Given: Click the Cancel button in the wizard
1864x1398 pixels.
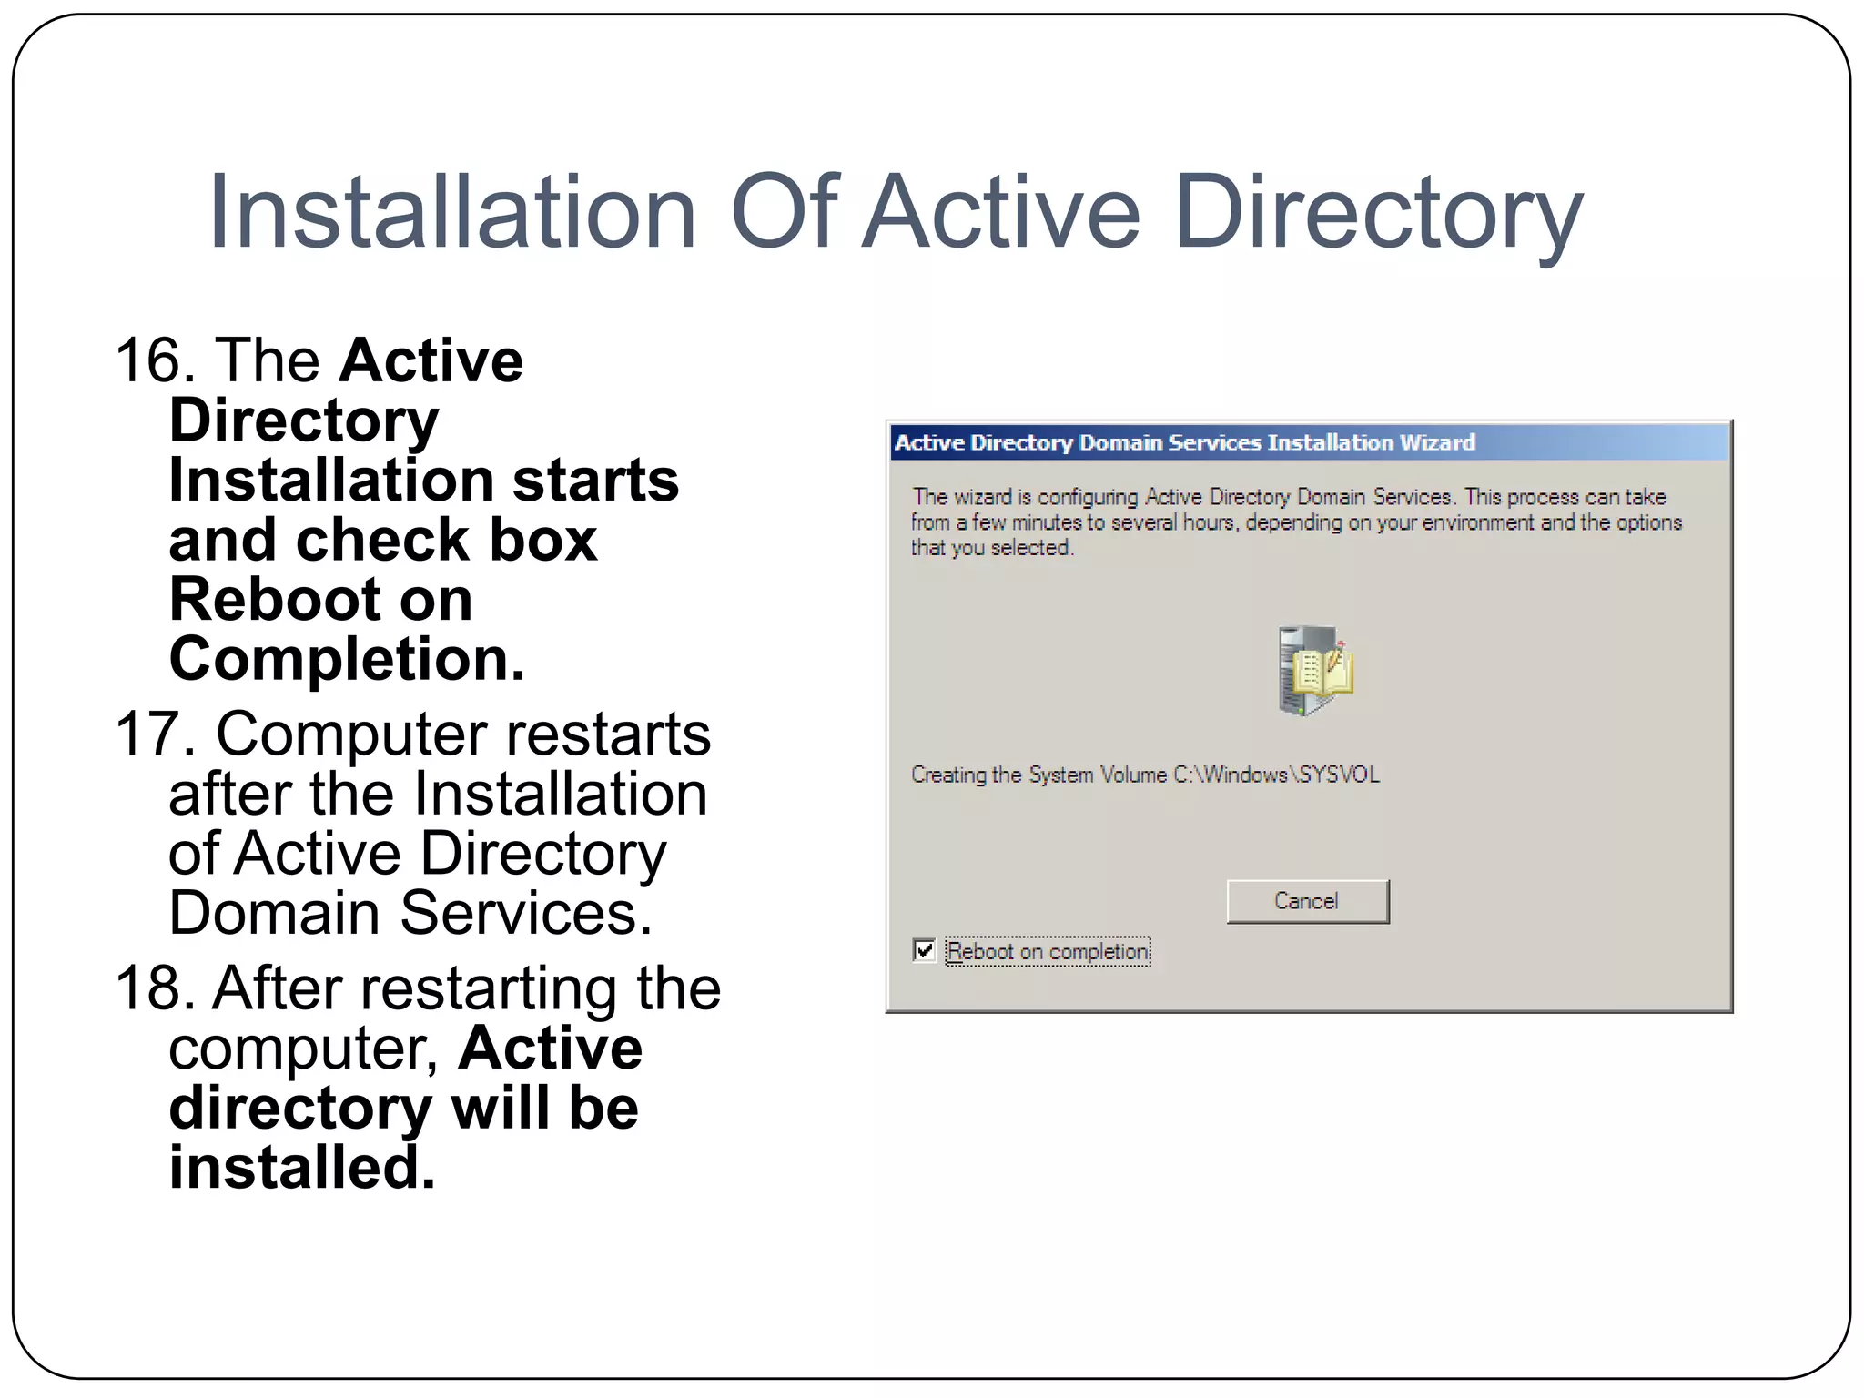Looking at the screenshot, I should pos(1307,901).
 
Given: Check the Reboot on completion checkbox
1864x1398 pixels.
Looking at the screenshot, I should pos(924,950).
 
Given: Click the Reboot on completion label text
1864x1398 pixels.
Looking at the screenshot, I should pos(1048,952).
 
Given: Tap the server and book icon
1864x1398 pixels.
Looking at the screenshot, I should pos(1313,671).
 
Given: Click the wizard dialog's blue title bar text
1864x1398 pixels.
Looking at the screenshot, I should pos(1184,442).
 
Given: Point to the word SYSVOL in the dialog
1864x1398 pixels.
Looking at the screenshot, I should pos(1339,775).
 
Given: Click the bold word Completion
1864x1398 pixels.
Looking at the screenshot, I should pos(347,659).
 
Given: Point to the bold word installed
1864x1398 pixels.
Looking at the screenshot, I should pos(301,1168).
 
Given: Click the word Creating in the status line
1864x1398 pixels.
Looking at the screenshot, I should pos(948,775).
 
